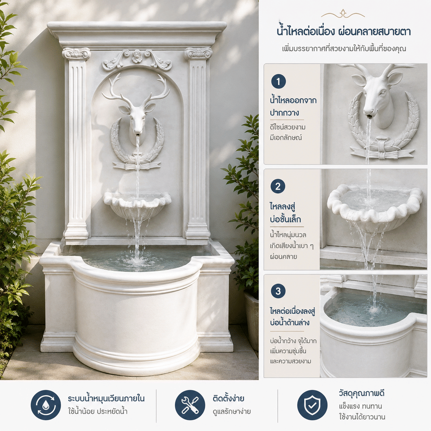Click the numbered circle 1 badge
pos(278,81)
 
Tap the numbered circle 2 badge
pos(278,186)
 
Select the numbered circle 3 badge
pos(278,291)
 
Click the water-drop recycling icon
pos(46,405)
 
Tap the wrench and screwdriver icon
pos(190,405)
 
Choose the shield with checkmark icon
pos(312,405)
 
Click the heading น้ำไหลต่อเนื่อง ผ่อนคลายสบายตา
pos(344,31)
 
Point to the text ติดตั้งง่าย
pos(228,398)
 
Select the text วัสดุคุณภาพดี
pos(362,394)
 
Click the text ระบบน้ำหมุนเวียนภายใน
pos(106,398)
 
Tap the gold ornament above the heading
pos(343,13)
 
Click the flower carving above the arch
pos(137,56)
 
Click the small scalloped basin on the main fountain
pos(137,205)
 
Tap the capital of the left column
pos(76,53)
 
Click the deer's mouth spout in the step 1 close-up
pos(369,116)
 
